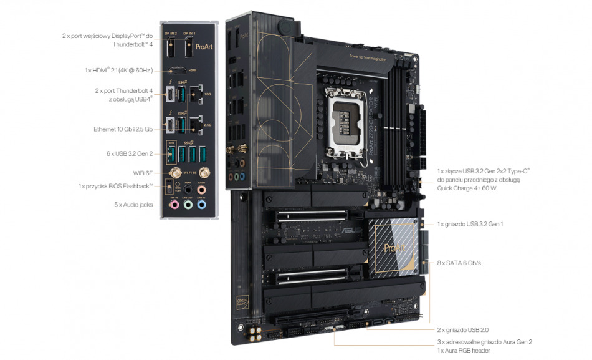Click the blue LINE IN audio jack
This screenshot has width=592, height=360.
point(201,204)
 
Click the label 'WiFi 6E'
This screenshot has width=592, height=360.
point(143,172)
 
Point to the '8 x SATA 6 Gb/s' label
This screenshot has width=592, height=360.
point(459,263)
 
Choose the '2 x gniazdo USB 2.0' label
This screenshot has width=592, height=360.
point(468,329)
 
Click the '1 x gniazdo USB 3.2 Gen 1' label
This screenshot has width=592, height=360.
point(470,223)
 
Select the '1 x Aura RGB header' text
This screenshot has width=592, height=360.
point(464,351)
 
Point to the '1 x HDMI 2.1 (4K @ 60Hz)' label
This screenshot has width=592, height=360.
point(119,71)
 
